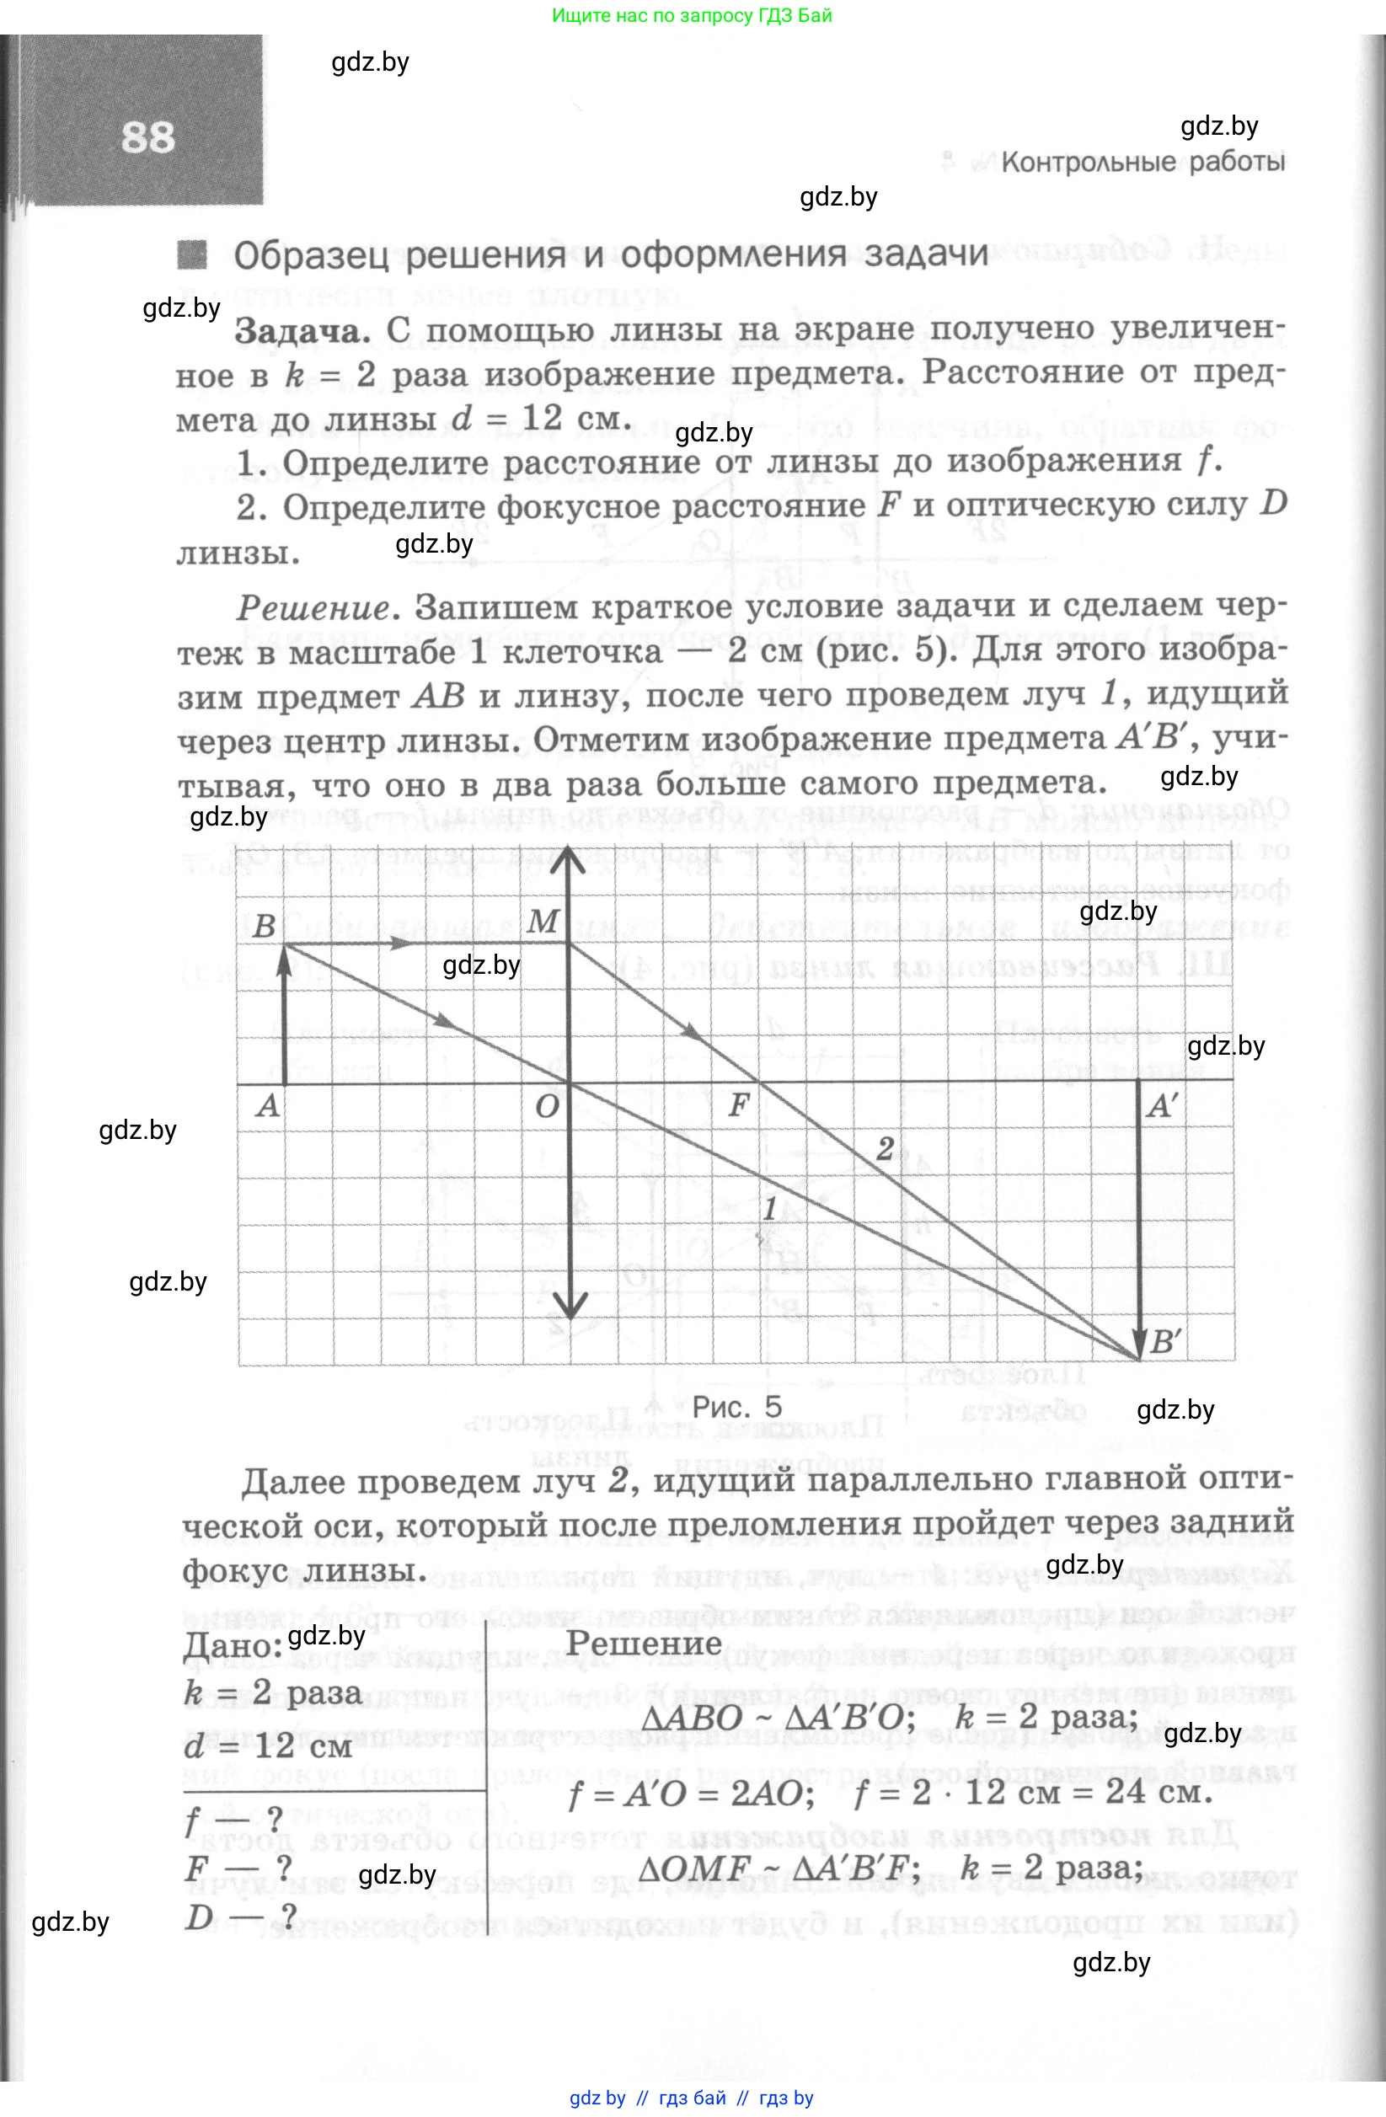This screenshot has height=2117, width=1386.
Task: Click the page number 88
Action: pyautogui.click(x=147, y=139)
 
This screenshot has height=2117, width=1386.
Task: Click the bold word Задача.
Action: pyautogui.click(x=302, y=332)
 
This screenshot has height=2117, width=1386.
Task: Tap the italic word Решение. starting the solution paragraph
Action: pyautogui.click(x=313, y=608)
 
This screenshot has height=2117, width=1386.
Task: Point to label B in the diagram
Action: pyautogui.click(x=265, y=926)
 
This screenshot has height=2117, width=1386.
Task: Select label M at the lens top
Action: pyautogui.click(x=543, y=922)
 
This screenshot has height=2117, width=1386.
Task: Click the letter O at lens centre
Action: pyautogui.click(x=547, y=1107)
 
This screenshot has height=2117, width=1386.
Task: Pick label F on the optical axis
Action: pyautogui.click(x=738, y=1105)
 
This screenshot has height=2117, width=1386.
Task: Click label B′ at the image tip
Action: pyautogui.click(x=1165, y=1341)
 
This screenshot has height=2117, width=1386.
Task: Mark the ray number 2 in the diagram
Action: pyautogui.click(x=885, y=1148)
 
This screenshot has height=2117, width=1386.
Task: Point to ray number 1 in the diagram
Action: pyautogui.click(x=770, y=1208)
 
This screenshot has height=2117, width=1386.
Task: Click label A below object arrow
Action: pyautogui.click(x=267, y=1107)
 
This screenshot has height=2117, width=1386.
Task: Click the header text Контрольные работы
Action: pyautogui.click(x=1143, y=163)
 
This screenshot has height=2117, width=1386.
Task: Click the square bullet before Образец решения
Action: pyautogui.click(x=192, y=255)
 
